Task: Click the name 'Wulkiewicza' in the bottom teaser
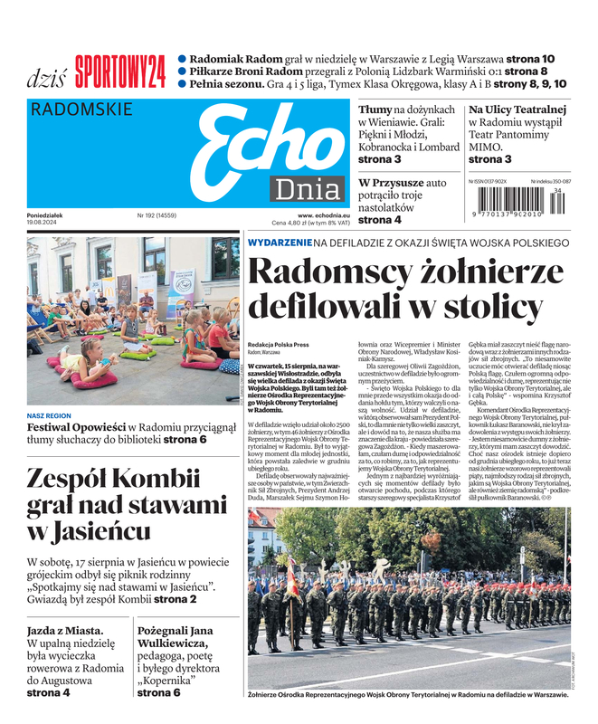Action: [178, 646]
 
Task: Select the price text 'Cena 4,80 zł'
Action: [291, 223]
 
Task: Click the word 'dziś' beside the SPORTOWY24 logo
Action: [47, 76]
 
